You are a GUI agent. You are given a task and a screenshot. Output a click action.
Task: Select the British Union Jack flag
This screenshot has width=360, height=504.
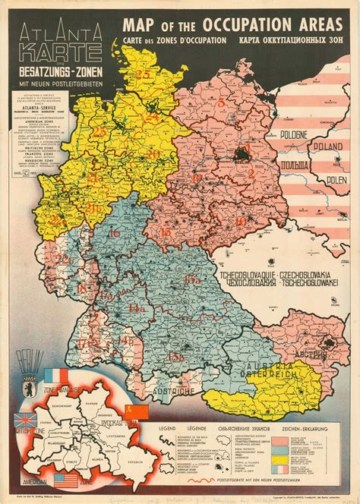click(x=23, y=420)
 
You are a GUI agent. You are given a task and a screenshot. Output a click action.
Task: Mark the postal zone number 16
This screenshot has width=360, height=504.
click(x=115, y=234)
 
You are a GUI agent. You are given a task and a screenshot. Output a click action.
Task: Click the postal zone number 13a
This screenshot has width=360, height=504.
click(x=191, y=280)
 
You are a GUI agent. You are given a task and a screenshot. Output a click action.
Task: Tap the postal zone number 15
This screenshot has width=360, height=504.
click(x=165, y=232)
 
